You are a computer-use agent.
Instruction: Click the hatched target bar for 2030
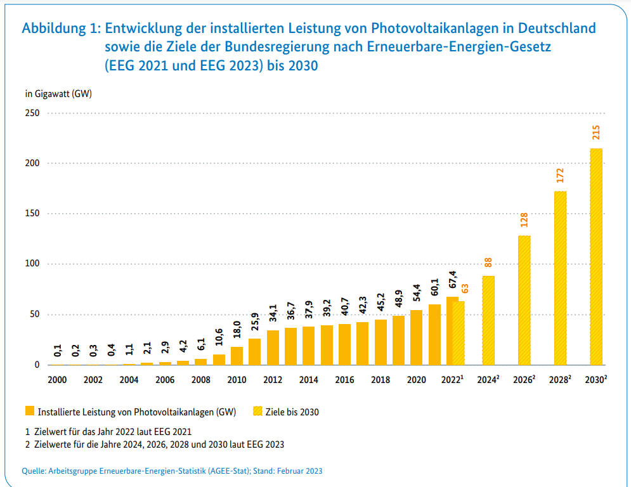596,257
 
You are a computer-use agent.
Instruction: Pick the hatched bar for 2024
488,320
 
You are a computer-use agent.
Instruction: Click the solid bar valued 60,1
434,335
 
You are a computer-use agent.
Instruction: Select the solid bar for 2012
273,347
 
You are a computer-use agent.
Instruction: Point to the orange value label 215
596,133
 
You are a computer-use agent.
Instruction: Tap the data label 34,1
273,315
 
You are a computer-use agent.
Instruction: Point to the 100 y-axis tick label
32,264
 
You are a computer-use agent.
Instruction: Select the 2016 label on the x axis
344,380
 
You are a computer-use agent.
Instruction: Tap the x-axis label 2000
57,380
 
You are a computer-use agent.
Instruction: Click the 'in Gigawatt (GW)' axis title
58,94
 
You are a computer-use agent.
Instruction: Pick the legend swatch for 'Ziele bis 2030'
259,412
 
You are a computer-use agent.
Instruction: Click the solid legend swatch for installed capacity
29,412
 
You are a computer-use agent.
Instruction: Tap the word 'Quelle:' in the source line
34,471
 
